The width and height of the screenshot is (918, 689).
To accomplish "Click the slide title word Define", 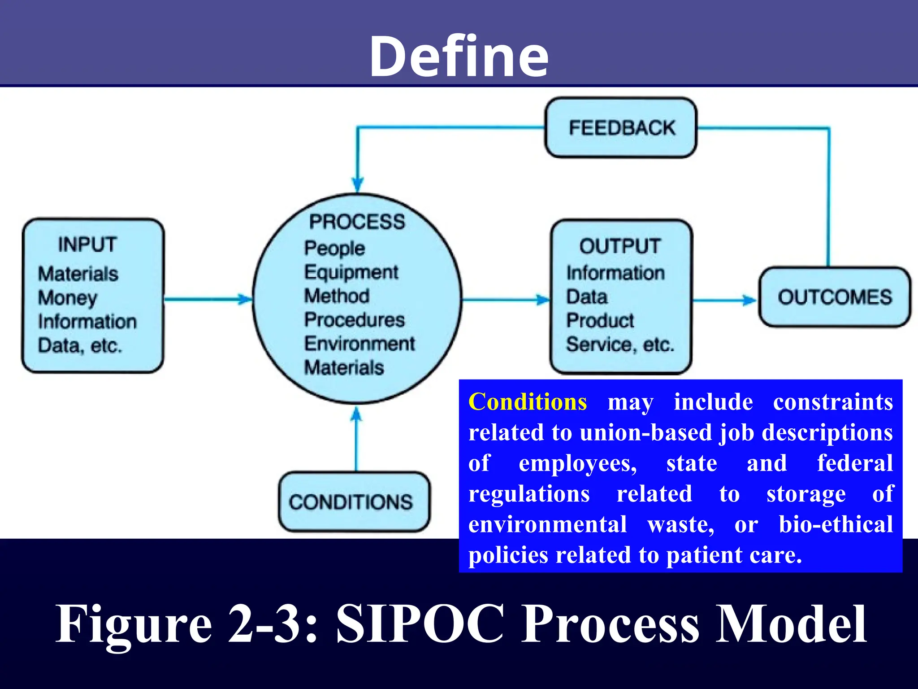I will coord(459,56).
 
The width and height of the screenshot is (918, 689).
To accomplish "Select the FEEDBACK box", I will coord(621,128).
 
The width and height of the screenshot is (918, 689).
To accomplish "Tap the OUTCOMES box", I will coord(835,297).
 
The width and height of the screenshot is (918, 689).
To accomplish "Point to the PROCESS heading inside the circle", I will coord(357,222).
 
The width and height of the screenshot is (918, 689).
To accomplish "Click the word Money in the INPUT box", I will coord(68,298).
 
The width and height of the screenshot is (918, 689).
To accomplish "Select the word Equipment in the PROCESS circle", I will coord(351,272).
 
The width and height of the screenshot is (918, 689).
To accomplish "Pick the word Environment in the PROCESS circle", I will coord(359,344).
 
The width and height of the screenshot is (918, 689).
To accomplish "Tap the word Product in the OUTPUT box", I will coord(600,321).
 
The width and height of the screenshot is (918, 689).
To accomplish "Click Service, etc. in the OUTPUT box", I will coord(620,344).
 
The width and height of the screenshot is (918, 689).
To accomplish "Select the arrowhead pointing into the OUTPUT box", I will coord(543,300).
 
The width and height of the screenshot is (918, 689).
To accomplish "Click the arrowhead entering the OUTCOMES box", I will coord(750,300).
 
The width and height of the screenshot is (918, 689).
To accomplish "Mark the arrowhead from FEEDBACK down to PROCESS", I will coord(357,184).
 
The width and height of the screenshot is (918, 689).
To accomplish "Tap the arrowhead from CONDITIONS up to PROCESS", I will coord(356,414).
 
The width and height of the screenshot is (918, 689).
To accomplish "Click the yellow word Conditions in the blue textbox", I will coord(528,402).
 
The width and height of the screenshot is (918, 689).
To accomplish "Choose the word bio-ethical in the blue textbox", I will coord(836,524).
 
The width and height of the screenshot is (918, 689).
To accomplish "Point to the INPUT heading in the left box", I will coord(87,245).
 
